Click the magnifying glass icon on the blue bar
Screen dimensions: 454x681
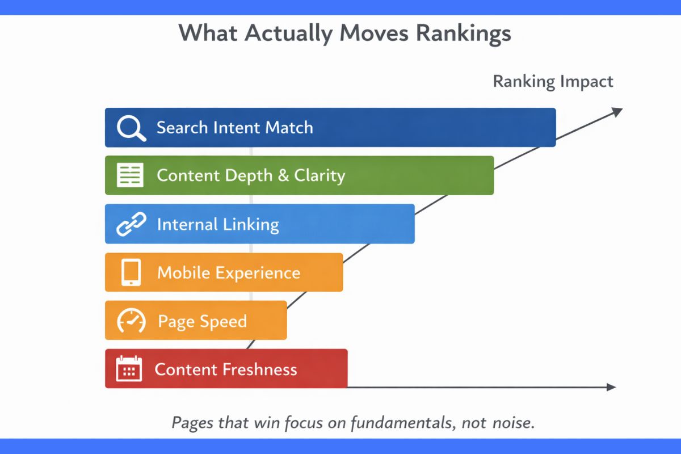(x=131, y=128)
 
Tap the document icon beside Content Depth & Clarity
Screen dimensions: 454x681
(x=130, y=175)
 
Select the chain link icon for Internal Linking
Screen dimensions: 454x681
(x=131, y=225)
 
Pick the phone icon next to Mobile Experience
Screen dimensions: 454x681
(x=131, y=273)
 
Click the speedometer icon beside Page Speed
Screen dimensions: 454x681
(x=131, y=321)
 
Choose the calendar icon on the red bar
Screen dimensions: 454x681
(x=128, y=369)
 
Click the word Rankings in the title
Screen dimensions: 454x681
(x=463, y=34)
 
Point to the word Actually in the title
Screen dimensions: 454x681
(x=291, y=34)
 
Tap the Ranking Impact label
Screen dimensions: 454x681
(x=553, y=82)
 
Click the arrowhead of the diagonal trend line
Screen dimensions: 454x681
(x=617, y=110)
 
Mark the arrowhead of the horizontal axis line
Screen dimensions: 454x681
(x=611, y=387)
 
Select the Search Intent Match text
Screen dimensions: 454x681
(x=234, y=127)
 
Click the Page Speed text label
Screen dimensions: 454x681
(x=202, y=322)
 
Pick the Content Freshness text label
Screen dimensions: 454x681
(x=226, y=370)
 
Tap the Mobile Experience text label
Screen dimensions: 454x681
(x=229, y=273)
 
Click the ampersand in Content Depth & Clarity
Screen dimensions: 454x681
(x=283, y=175)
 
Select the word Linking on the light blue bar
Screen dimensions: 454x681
(x=250, y=225)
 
